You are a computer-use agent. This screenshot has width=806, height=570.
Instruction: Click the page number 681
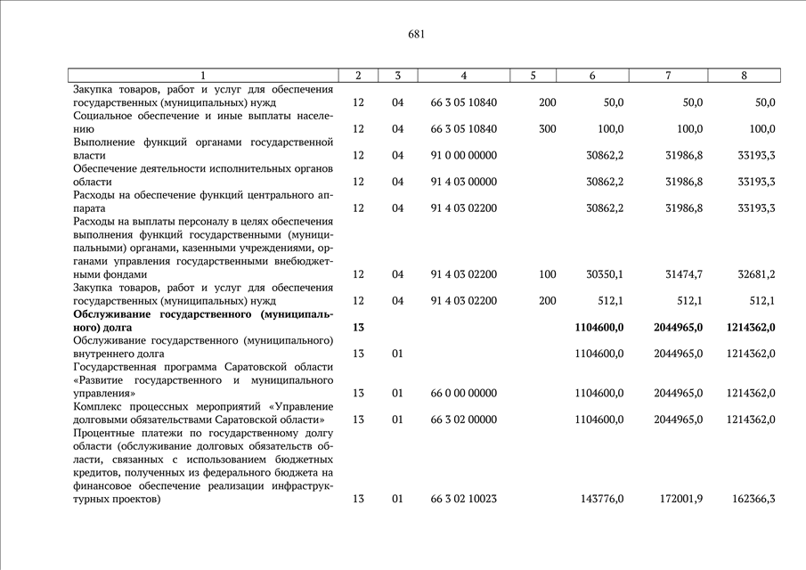[416, 35]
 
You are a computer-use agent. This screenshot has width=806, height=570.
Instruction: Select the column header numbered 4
[463, 76]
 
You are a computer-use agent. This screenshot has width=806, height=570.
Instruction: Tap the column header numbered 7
[668, 76]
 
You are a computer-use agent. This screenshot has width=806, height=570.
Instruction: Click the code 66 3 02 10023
[463, 499]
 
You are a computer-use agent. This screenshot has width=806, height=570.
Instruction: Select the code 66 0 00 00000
[463, 393]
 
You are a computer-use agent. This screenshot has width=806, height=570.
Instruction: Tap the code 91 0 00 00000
[463, 155]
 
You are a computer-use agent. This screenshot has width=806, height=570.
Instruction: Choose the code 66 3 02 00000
[463, 419]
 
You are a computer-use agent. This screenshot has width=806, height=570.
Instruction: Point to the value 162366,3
[753, 499]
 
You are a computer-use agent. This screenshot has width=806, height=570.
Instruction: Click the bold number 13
[358, 327]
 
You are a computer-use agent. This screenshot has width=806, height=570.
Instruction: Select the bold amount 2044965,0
[678, 327]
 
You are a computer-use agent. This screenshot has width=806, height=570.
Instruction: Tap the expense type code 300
[548, 129]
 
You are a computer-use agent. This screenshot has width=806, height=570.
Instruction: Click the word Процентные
[103, 433]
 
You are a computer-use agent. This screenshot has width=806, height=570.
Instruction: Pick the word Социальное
[104, 116]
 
